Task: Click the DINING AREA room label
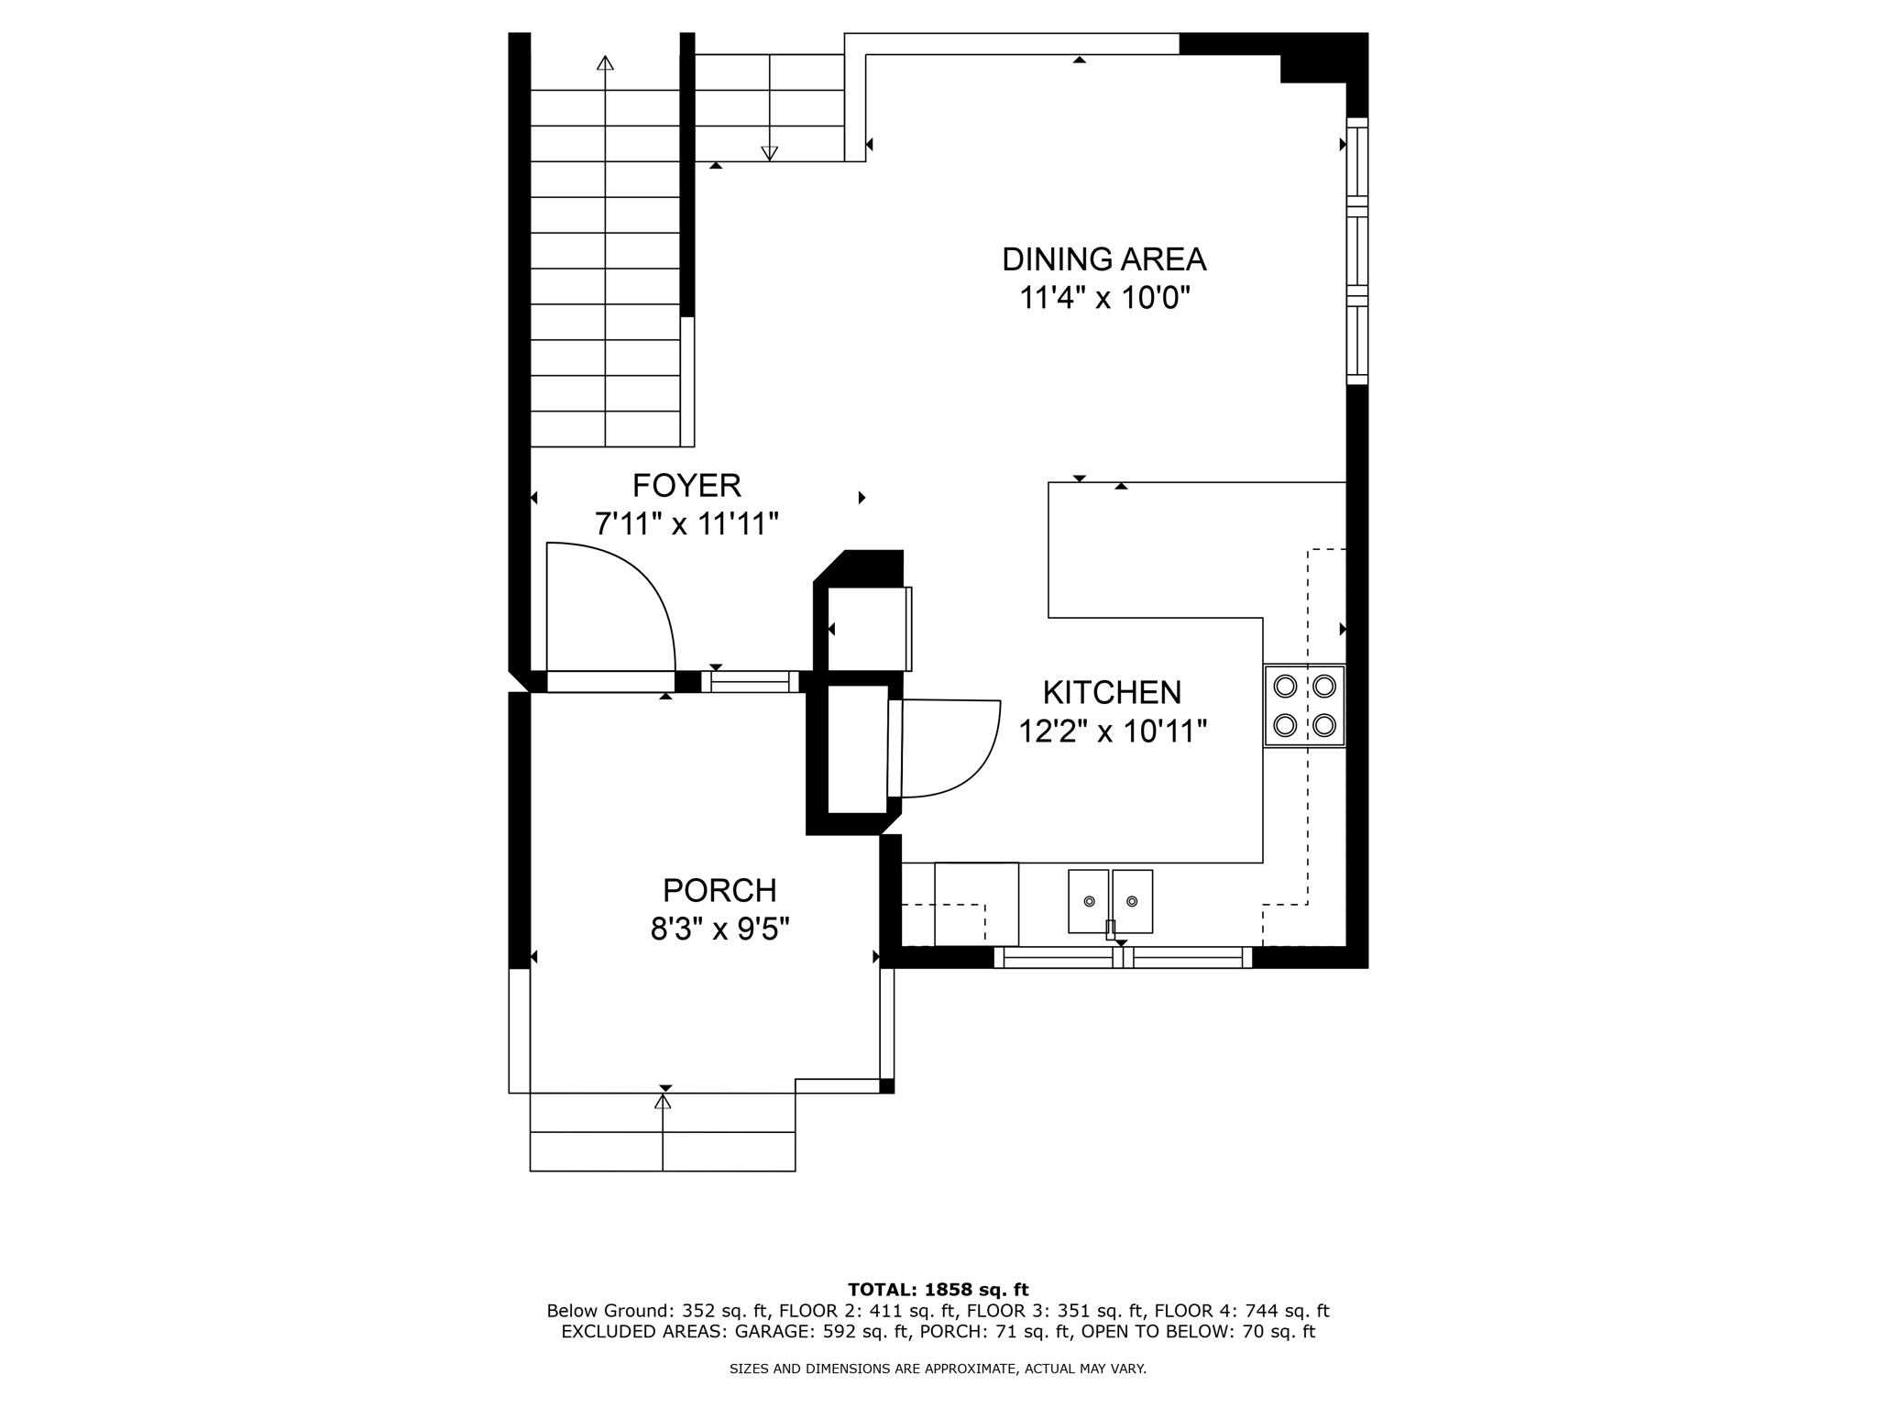[1103, 259]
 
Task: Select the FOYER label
[686, 485]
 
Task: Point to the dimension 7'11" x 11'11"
[686, 524]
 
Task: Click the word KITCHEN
[1112, 692]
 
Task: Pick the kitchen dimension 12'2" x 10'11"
[1112, 731]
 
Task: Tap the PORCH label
[719, 890]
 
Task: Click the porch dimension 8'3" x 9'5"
[719, 929]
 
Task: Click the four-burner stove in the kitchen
[1304, 705]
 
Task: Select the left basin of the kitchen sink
[1089, 901]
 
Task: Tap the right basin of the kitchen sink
[1133, 901]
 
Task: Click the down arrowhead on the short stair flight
[770, 153]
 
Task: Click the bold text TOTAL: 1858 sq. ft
[938, 1290]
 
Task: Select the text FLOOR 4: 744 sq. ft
[1241, 1311]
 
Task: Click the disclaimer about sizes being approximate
[938, 1369]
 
